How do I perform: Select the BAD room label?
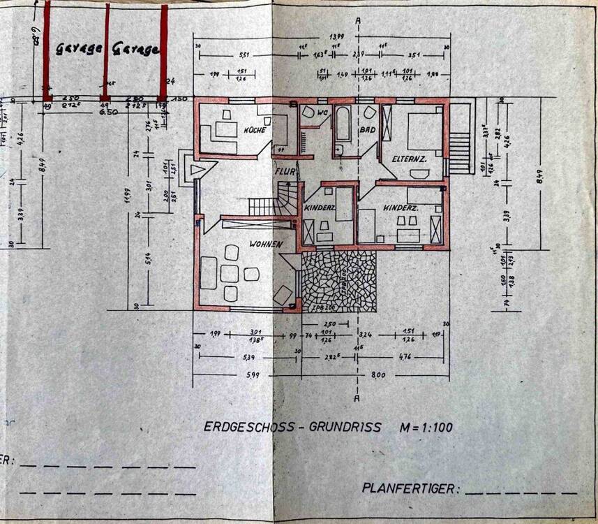click(x=368, y=130)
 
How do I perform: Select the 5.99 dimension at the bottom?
click(x=232, y=376)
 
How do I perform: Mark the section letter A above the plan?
click(x=357, y=20)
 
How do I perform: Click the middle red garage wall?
click(x=107, y=52)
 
